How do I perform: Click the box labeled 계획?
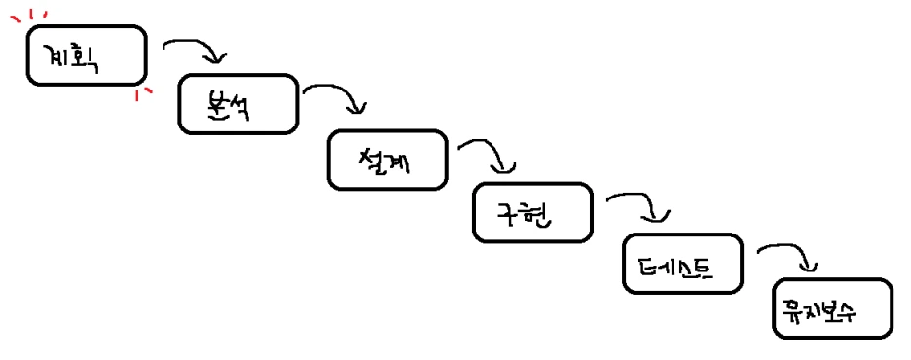[x=87, y=56]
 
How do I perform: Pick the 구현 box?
[x=531, y=212]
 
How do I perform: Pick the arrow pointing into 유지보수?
[x=788, y=255]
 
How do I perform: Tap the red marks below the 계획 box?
[x=144, y=92]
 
